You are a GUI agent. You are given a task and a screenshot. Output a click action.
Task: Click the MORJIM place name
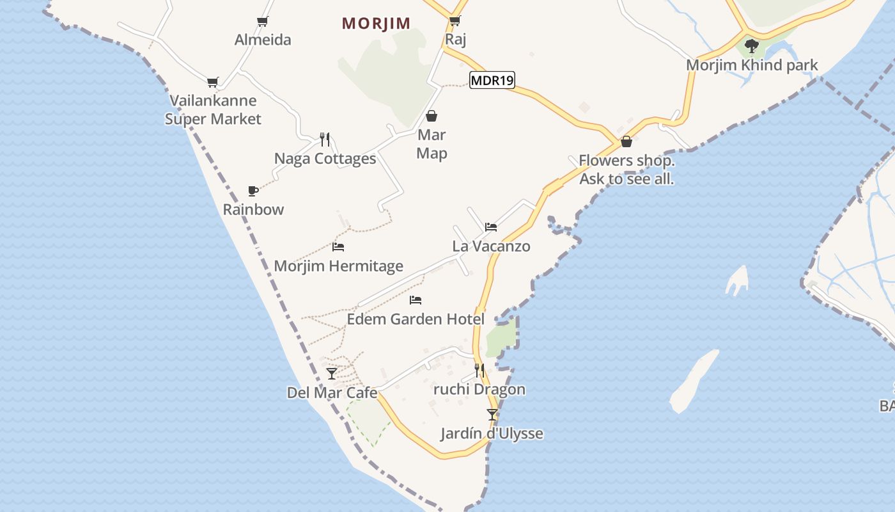pos(376,24)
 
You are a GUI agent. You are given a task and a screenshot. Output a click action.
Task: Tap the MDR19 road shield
pos(492,80)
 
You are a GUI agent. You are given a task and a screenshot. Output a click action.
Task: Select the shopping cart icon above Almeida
pos(262,21)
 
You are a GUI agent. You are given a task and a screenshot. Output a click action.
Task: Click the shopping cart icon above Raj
pos(455,20)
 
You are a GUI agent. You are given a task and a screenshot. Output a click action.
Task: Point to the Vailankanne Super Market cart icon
pos(213,82)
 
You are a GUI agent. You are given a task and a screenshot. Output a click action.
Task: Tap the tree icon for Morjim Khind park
pos(752,45)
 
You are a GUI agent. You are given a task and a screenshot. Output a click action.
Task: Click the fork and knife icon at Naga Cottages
pos(325,140)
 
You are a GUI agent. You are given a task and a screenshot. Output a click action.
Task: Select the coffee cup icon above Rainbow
pos(253,191)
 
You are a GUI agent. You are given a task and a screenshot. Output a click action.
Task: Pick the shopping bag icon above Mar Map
pos(432,116)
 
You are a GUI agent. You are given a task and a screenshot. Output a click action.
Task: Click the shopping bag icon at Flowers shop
pos(626,141)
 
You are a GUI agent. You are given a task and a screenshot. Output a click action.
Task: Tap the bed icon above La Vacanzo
pos(491,227)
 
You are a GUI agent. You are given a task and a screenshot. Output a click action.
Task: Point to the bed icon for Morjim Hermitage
pos(338,247)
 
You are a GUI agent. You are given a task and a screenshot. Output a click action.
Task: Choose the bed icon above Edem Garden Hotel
pos(416,300)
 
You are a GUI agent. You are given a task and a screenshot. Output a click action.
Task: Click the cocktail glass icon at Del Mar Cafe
pos(332,374)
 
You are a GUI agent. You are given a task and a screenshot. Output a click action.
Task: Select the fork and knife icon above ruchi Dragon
pos(479,371)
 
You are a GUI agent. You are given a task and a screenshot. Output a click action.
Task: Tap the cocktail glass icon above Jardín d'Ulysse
pos(492,415)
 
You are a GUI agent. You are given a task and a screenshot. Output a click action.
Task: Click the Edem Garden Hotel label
pos(416,319)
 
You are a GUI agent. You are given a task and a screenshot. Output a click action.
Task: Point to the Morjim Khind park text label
pos(752,65)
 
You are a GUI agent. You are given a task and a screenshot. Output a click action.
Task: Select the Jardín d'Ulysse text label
pos(492,433)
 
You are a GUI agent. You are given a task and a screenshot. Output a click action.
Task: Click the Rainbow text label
pos(253,209)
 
